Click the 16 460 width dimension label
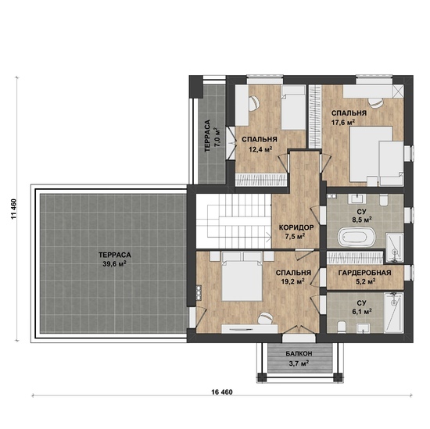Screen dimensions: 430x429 222,392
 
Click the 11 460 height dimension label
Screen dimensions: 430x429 14,209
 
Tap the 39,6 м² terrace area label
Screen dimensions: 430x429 116,264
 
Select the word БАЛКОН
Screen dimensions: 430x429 299,354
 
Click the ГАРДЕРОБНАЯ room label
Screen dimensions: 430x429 364,273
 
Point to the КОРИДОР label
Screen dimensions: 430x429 296,227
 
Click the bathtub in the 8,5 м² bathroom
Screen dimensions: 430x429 356,237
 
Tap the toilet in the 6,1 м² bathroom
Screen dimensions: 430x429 342,327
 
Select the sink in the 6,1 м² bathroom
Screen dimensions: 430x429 363,328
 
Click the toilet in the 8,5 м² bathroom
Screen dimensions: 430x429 383,200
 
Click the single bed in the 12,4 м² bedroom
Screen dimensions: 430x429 293,107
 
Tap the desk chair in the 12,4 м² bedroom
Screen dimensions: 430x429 254,103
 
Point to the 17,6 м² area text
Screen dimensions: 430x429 343,122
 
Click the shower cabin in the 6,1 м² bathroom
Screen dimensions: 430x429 394,313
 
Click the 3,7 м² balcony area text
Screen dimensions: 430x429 299,363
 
